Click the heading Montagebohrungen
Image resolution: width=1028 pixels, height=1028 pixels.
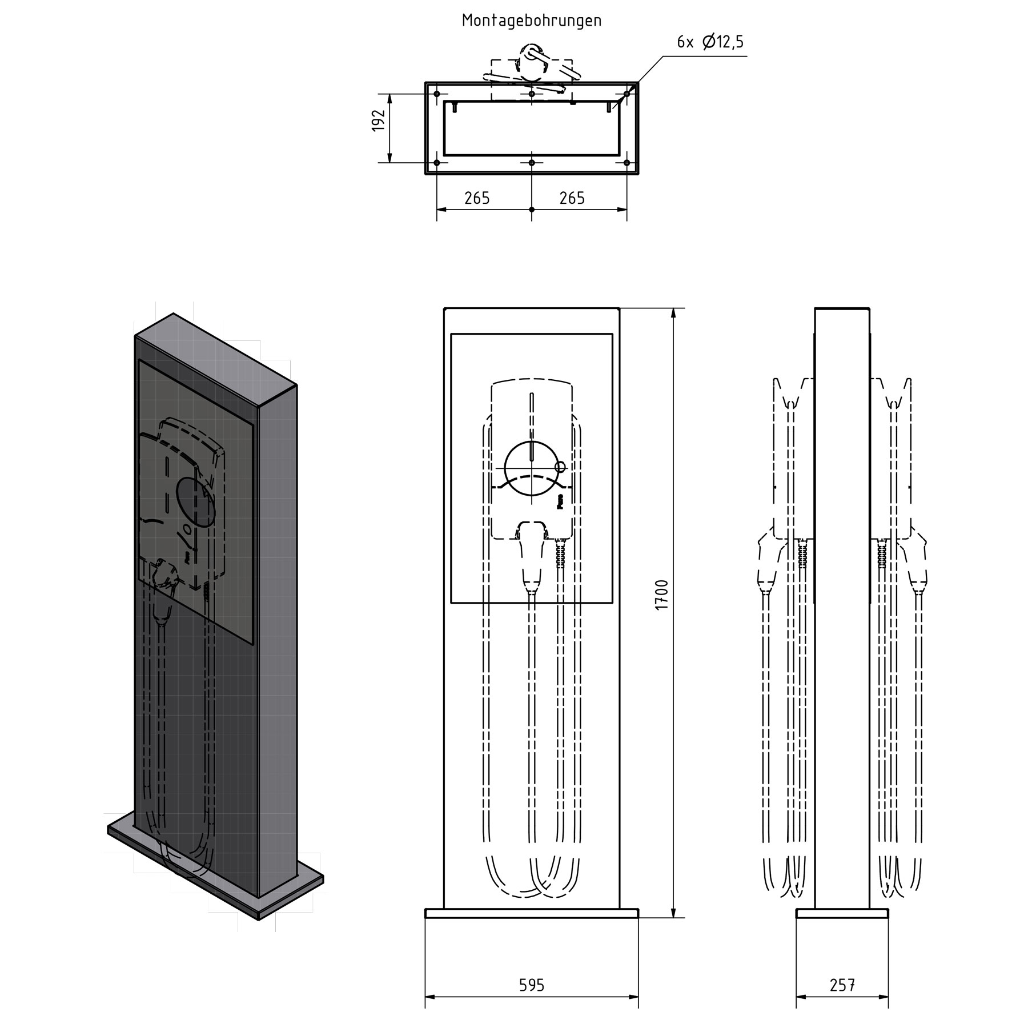click(531, 21)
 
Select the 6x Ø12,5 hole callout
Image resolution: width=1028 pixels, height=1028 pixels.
click(710, 42)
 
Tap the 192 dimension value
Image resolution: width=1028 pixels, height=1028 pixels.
click(379, 121)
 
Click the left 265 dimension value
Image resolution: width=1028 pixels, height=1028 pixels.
click(477, 198)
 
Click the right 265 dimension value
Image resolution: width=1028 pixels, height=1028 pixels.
click(572, 198)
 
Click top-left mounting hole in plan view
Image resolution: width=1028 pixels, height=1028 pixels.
click(437, 94)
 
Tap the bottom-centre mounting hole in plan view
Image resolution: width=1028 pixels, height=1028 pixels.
click(532, 163)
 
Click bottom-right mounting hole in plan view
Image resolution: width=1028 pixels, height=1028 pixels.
click(627, 163)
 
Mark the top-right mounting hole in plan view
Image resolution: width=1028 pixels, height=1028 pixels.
click(627, 93)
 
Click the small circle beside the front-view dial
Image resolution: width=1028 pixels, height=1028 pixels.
click(560, 467)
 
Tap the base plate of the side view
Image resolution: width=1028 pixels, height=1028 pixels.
click(842, 913)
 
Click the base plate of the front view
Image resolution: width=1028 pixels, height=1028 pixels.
click(532, 913)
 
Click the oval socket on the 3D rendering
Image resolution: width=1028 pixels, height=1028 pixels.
click(196, 503)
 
